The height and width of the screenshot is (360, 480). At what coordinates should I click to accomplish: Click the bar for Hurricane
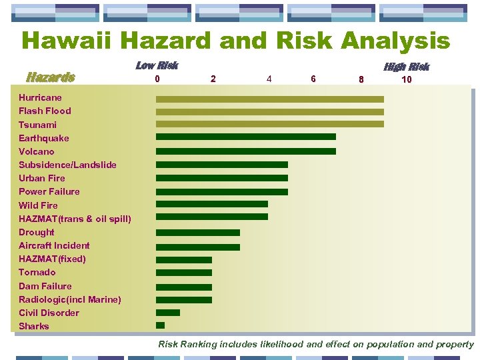[x=270, y=99]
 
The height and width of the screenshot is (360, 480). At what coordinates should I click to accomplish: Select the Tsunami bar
[x=270, y=124]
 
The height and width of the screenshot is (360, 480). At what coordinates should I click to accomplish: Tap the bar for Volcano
[x=245, y=151]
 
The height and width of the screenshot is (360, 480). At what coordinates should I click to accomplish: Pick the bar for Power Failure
[x=221, y=191]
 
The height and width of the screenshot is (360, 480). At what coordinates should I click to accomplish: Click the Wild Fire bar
[x=211, y=204]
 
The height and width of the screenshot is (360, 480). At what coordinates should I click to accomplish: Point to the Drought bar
[x=197, y=233]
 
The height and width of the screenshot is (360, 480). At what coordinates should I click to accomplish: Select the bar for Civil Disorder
[x=167, y=312]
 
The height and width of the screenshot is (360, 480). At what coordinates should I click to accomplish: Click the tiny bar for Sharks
[x=160, y=325]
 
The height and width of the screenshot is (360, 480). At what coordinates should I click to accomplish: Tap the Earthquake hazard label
[x=43, y=138]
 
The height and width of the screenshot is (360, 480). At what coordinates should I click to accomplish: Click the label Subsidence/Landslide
[x=67, y=165]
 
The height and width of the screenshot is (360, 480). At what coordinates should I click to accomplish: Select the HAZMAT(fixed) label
[x=52, y=259]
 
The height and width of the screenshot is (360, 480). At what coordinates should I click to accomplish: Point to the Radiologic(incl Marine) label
[x=70, y=299]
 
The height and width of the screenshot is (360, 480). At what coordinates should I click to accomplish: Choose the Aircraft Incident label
[x=54, y=245]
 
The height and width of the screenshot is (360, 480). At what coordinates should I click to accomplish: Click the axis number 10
[x=406, y=79]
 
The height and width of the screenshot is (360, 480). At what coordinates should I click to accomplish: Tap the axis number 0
[x=157, y=79]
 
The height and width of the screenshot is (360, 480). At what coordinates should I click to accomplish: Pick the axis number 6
[x=313, y=79]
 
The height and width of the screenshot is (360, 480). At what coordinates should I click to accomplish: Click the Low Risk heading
[x=157, y=65]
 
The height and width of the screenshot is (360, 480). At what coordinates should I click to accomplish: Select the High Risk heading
[x=406, y=67]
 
